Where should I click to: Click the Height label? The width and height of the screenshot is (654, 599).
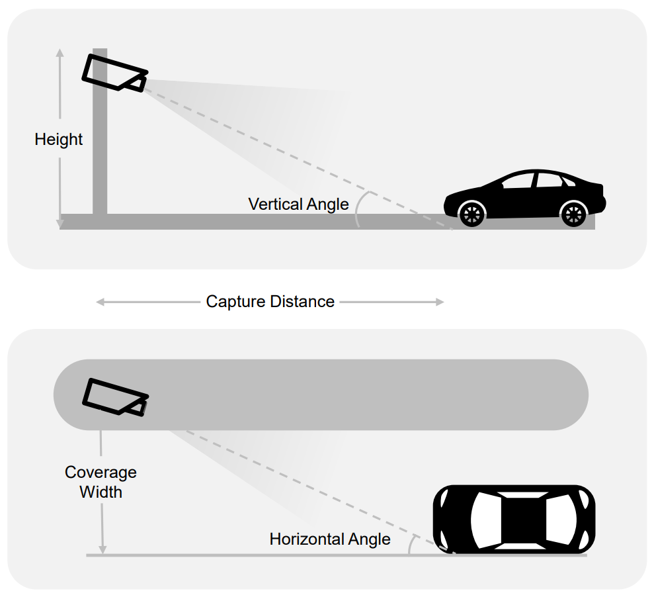pos(59,140)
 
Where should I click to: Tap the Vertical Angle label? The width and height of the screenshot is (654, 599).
pos(298,204)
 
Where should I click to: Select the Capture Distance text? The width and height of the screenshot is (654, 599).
pos(270,302)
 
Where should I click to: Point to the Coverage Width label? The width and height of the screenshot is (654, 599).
pos(101,482)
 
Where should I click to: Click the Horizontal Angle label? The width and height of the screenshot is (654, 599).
pos(329,539)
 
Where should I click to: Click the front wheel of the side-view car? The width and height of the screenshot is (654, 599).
pos(471,213)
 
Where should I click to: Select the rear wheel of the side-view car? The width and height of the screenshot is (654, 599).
pos(572,213)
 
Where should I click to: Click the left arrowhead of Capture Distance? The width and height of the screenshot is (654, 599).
pos(100,302)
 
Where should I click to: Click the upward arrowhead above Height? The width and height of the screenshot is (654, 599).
pos(60,53)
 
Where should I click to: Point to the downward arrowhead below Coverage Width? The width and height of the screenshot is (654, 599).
pos(102,549)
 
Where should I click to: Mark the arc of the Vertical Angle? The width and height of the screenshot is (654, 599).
pos(360,208)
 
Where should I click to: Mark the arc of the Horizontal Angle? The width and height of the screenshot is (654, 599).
pos(411,544)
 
